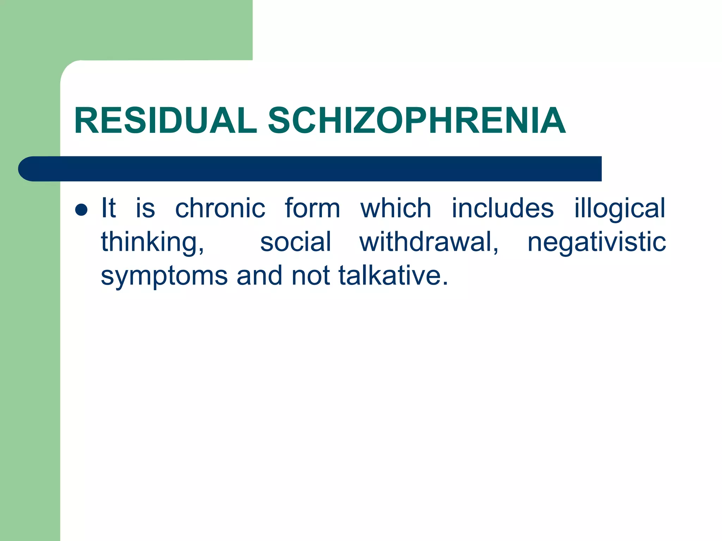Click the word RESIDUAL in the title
165,121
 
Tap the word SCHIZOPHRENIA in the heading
417,121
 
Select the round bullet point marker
81,210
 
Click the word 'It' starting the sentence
108,208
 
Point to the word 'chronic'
220,208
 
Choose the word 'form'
312,208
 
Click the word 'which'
396,208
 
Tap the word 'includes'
503,208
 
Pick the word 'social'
295,242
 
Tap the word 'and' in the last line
259,275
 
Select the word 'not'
310,275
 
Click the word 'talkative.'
393,275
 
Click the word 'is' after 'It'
145,208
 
